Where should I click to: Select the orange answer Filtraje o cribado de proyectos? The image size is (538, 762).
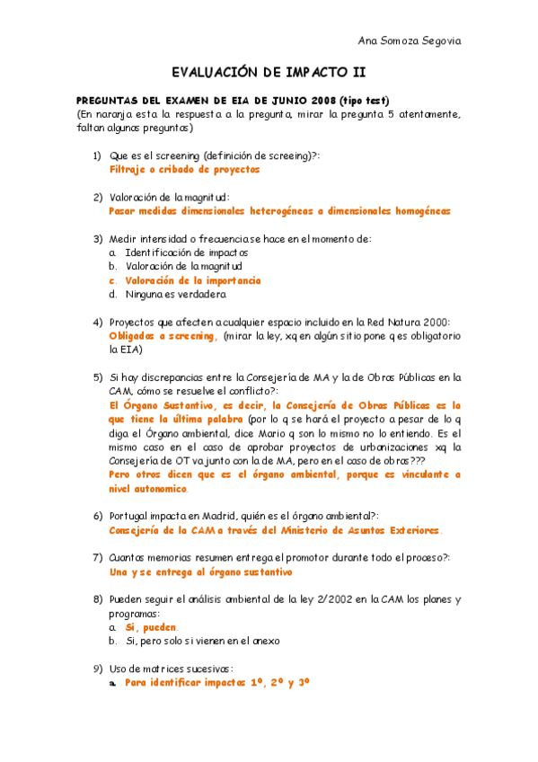184,169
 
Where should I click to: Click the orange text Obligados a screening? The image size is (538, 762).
163,336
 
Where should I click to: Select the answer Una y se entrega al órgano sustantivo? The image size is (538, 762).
200,572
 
